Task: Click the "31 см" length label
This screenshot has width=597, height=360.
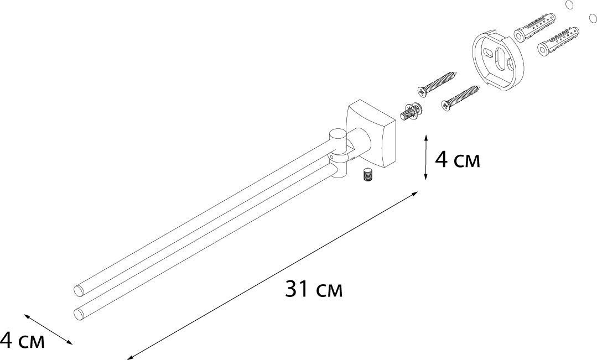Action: click(314, 289)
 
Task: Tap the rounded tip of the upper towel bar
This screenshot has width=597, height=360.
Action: click(77, 289)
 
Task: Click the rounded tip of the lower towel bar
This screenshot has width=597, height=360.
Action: click(77, 314)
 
